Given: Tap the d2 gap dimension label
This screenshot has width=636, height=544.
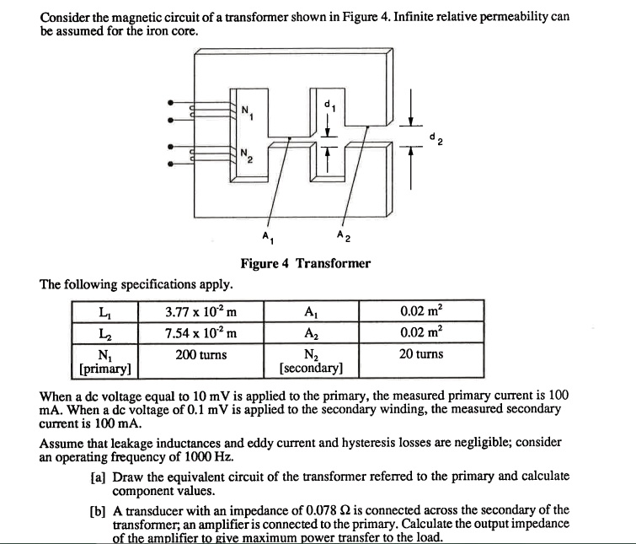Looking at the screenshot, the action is click(x=434, y=137).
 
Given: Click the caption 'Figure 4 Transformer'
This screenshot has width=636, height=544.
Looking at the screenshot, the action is click(x=305, y=263).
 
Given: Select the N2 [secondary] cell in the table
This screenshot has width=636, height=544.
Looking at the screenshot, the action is click(x=311, y=361).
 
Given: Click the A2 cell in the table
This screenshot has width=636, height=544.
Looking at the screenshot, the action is click(x=311, y=332).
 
